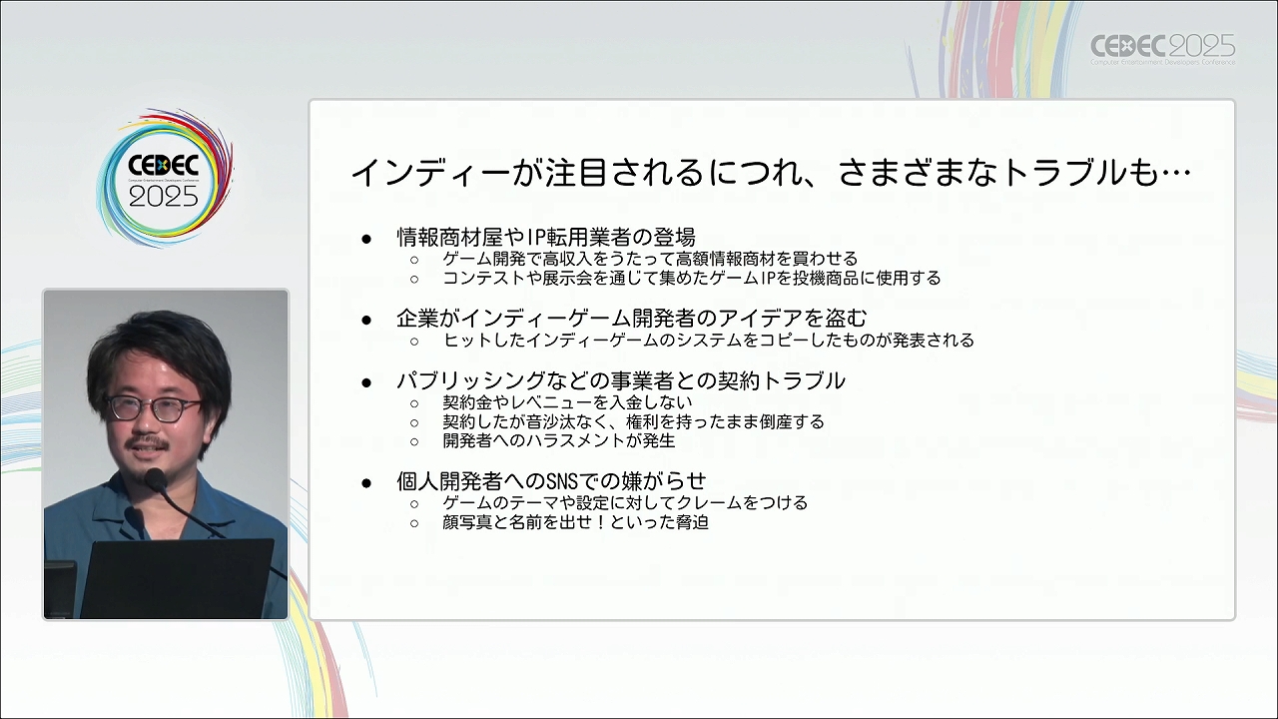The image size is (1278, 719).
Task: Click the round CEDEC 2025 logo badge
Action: pos(165,179)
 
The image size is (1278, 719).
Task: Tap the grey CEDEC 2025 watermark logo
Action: pos(1163,49)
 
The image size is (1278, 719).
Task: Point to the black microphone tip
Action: pos(155,478)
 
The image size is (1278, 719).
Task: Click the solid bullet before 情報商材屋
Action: pos(366,239)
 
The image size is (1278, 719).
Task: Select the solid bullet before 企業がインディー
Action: pos(366,320)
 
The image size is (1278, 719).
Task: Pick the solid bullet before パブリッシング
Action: pos(366,382)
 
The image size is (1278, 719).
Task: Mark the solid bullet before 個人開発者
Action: pos(366,482)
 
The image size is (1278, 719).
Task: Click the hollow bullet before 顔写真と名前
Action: pos(414,523)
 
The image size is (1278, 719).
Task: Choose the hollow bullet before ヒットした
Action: pos(414,342)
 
